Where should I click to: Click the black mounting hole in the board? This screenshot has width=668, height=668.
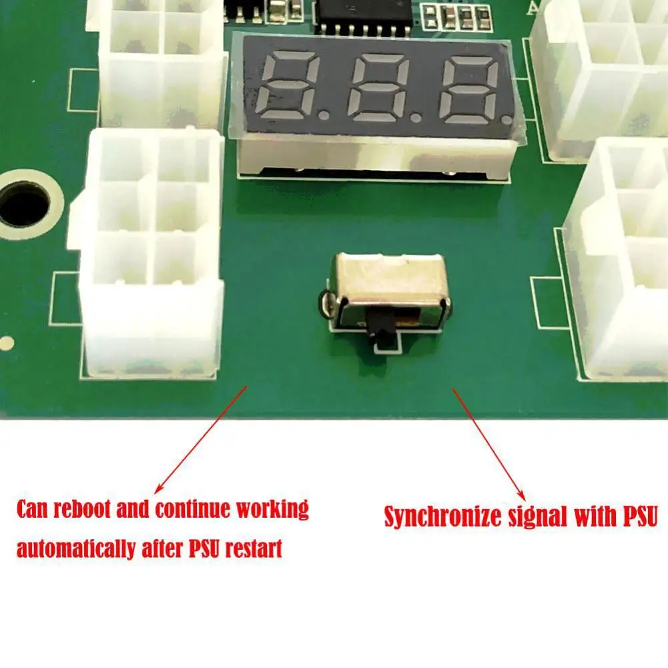25,204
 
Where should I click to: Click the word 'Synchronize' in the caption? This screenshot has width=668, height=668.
442,517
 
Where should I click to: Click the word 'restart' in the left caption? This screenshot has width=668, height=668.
254,549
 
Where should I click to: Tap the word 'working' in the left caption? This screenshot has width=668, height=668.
272,510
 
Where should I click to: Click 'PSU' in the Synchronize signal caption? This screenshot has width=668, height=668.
641,516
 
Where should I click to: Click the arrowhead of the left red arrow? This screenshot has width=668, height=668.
159,488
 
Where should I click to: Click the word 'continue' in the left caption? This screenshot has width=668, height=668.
193,509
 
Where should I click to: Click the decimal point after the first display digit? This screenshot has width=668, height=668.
325,115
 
